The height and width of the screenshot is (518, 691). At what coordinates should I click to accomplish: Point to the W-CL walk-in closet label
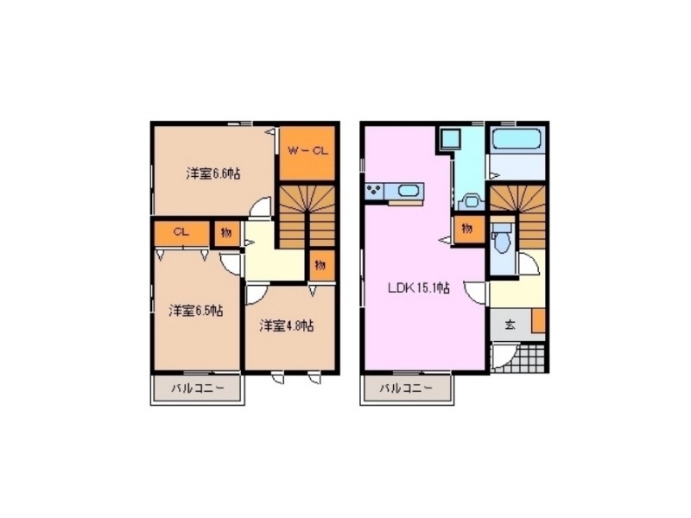point(307,150)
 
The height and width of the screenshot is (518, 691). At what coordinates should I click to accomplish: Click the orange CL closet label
point(181,231)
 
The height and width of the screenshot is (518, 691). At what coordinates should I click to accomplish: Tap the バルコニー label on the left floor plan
point(198,388)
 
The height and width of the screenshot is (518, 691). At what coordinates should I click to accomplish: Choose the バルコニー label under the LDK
point(407,388)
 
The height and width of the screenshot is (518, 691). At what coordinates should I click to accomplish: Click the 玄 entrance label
point(510,325)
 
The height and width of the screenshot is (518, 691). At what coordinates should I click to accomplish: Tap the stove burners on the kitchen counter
point(375,191)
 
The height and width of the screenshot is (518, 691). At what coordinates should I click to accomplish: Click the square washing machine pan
point(452,139)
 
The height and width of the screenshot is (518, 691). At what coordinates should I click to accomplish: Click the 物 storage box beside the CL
point(225,231)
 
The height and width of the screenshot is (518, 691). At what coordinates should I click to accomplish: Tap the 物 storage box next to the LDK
point(467,228)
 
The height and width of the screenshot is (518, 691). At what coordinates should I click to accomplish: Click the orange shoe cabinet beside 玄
point(539,320)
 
